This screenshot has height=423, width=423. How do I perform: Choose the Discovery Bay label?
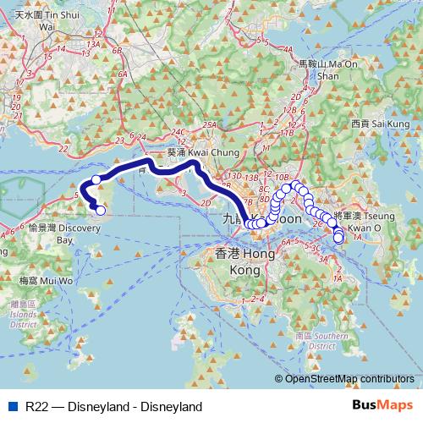coord(52,233)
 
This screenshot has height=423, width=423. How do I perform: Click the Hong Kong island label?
coord(244,261)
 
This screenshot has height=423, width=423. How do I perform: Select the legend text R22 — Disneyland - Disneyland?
coord(113,406)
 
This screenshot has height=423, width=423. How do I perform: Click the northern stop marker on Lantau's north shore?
coord(96,179)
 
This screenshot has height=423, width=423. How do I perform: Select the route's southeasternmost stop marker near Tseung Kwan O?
coord(338,239)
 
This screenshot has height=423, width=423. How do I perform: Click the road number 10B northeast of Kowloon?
coord(282,176)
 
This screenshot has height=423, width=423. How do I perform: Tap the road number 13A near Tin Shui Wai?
coord(93,42)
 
